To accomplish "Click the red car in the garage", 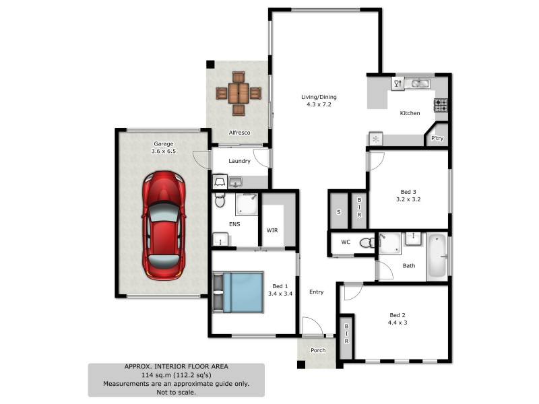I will tap(163, 225).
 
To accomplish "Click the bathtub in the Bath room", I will tap(437, 257).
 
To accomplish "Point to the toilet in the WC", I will tap(367, 242).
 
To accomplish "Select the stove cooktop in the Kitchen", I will tap(441, 105).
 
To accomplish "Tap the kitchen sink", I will tap(420, 83).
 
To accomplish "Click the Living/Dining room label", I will tap(319, 97).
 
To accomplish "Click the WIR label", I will tap(272, 230).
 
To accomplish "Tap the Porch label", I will tap(317, 350).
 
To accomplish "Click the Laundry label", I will tap(240, 161).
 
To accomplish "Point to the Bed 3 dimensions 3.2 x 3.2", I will tap(408, 199).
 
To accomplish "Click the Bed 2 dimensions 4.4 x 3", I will tap(398, 323).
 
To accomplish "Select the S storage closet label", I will tap(338, 213).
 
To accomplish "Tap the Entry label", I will tap(317, 292).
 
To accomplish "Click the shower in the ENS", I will tap(247, 204).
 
